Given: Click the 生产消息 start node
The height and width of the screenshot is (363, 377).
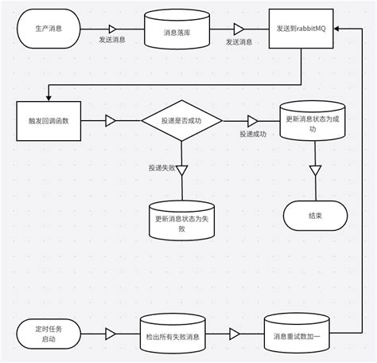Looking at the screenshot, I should pos(49,28).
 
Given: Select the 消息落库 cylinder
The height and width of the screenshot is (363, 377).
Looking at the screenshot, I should pos(174,32).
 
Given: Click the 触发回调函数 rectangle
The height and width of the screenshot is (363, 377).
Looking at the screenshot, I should pos(49,120).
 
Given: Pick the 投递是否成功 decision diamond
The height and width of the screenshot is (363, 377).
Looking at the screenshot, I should pos(181,120).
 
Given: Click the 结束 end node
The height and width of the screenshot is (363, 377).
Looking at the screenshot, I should pos(316,214).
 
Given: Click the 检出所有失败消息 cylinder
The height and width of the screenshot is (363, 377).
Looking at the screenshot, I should pos(173,336).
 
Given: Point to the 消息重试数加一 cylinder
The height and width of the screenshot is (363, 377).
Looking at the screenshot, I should pos(301,336).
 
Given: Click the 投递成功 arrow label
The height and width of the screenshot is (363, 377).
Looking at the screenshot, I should pos(253,134).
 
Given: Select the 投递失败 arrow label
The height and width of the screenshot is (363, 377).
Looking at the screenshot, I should pos(161,168).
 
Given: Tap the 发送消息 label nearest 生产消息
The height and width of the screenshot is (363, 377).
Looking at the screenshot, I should pos(112,40).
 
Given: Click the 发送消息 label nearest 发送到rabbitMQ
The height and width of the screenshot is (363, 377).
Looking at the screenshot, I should pos(239,41).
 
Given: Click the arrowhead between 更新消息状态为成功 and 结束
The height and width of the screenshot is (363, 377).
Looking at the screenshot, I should pos(316,170).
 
